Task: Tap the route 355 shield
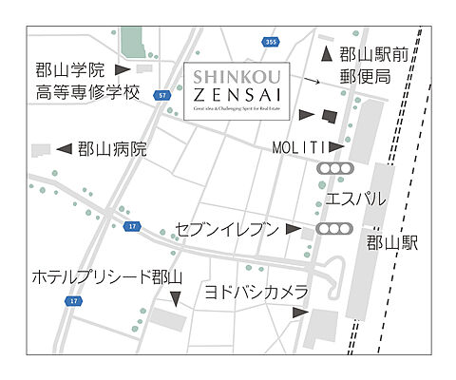(271, 41)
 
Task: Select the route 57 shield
(162, 95)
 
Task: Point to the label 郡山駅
(391, 243)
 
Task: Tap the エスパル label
(355, 199)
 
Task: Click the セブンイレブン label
(228, 229)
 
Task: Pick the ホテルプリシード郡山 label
(105, 277)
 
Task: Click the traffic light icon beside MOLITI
(335, 169)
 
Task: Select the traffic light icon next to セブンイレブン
(335, 229)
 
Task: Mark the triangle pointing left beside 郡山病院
(64, 148)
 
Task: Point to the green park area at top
(131, 41)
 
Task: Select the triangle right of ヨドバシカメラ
(300, 312)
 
